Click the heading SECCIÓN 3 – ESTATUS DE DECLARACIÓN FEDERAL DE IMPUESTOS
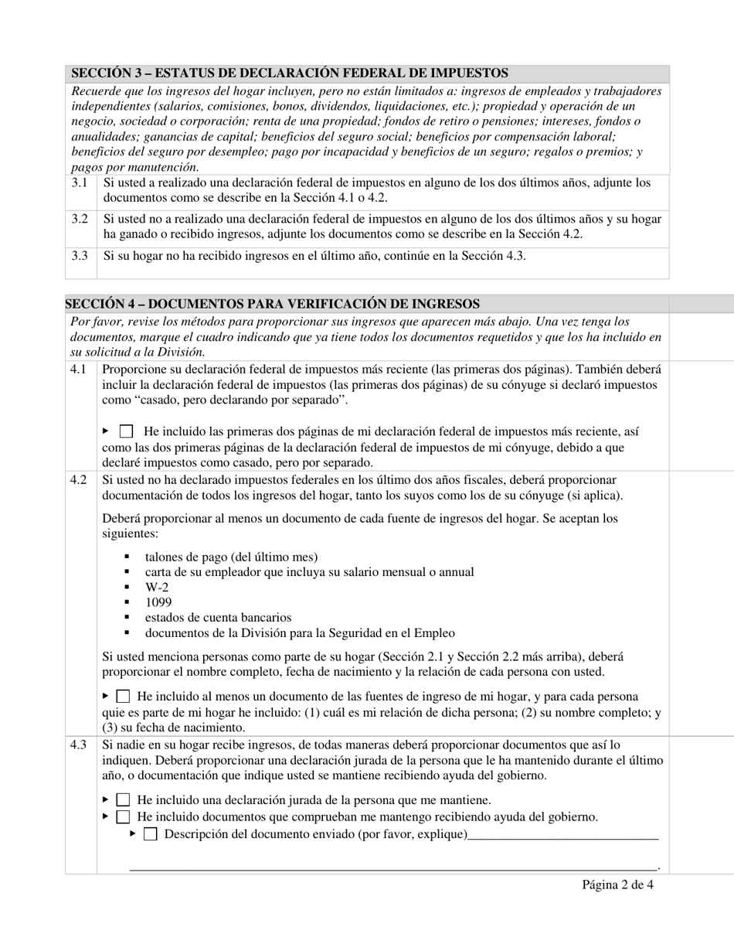(x=290, y=73)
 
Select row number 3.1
(x=80, y=183)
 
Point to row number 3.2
(x=80, y=220)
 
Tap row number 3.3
(x=80, y=256)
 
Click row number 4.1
(x=78, y=370)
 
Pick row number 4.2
(x=78, y=480)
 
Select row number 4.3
(x=78, y=745)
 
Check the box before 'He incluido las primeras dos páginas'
(x=127, y=431)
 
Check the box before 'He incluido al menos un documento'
(x=123, y=697)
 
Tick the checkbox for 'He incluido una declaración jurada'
(x=123, y=800)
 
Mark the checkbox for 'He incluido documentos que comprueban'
(x=123, y=816)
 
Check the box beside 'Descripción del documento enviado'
(x=151, y=833)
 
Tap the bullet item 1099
(x=158, y=602)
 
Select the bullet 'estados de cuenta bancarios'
(x=218, y=618)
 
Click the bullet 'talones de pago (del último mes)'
(x=231, y=557)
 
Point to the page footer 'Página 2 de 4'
(x=617, y=885)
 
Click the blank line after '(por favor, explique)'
(x=563, y=835)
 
